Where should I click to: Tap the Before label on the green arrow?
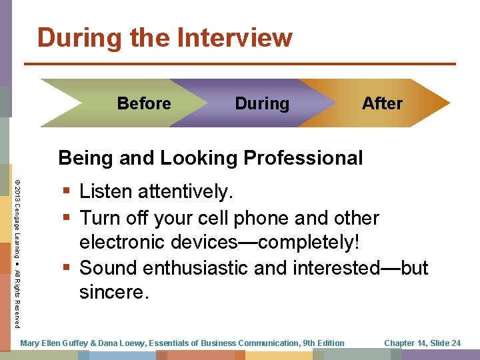coord(144,103)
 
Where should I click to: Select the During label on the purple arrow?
coord(262,103)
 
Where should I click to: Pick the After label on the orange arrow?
coord(382,103)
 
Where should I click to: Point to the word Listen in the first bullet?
coord(105,192)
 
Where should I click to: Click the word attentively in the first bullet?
coord(185,192)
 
